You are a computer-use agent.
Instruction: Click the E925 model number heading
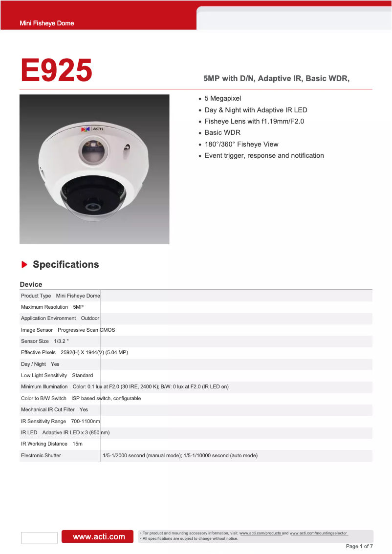[56, 70]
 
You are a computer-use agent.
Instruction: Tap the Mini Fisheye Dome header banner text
[46, 23]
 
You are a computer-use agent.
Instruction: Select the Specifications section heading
[65, 265]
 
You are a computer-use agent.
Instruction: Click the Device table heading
[31, 284]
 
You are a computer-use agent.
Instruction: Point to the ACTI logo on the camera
[91, 129]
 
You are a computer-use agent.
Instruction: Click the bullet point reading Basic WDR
[222, 133]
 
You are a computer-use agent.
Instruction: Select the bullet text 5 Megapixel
[222, 99]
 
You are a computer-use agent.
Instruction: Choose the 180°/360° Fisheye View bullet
[241, 144]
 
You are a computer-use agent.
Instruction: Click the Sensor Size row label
[35, 341]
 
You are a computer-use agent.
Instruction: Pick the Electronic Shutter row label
[41, 455]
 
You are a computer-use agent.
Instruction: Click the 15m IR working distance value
[77, 444]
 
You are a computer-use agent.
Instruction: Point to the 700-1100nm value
[86, 421]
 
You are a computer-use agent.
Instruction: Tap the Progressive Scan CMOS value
[87, 330]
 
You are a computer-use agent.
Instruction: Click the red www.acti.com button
[99, 536]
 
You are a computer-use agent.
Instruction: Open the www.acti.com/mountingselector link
[319, 533]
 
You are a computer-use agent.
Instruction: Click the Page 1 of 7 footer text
[359, 546]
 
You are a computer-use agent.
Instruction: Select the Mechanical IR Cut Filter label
[47, 410]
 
